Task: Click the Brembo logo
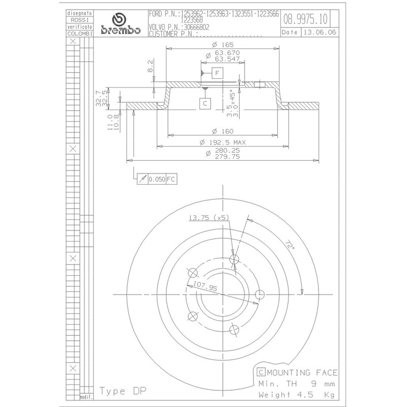coord(121,24)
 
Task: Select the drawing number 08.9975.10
coord(305,19)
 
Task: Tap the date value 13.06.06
coord(320,32)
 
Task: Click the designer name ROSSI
coord(80,20)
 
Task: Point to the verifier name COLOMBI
coord(80,34)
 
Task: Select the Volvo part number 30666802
coord(196,27)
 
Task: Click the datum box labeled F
coord(218,73)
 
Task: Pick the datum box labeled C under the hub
coord(205,104)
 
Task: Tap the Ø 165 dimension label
coord(223,45)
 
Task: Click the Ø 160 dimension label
coord(223,131)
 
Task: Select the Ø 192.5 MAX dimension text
coord(223,142)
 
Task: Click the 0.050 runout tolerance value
coord(157,179)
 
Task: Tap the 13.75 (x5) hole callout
coord(209,218)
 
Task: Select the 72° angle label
coord(290,245)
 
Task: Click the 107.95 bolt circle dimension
coord(206,286)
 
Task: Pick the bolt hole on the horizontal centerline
coord(259,295)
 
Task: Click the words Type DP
coord(123,391)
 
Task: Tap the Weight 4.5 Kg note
coord(297,395)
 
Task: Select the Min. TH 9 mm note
coord(297,384)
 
